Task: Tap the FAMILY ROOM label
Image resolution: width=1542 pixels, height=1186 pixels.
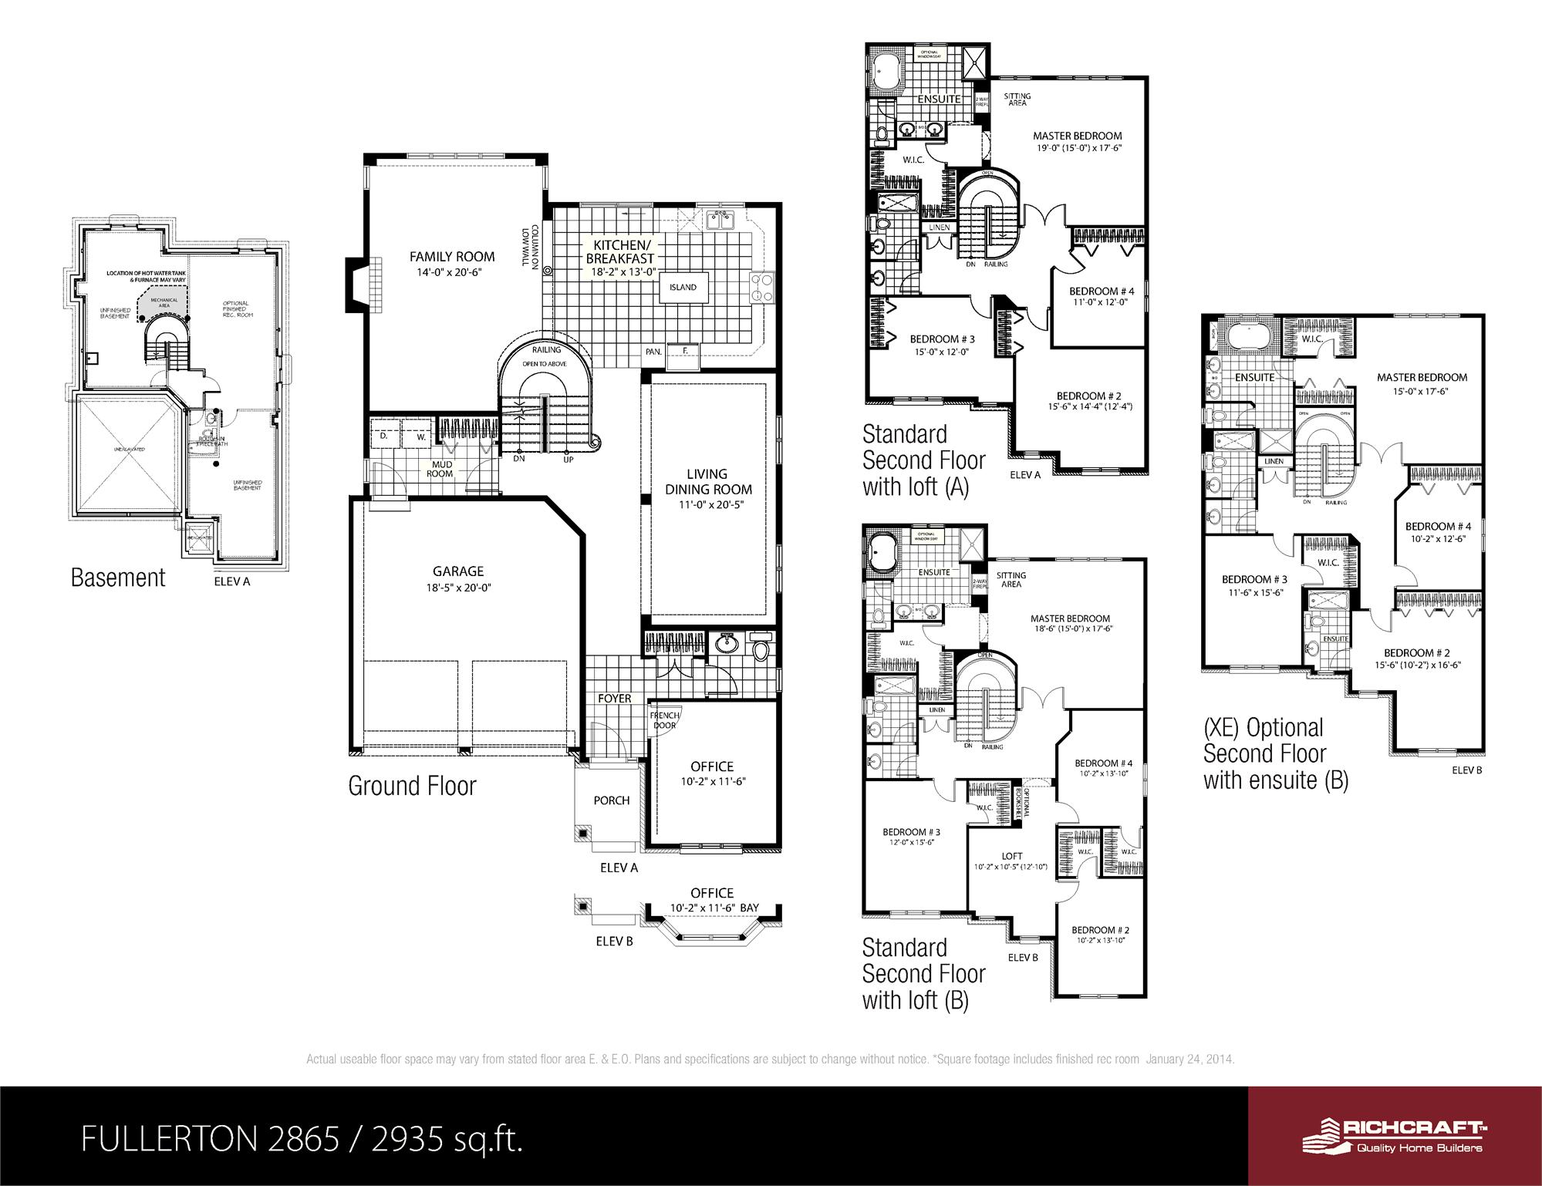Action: (452, 257)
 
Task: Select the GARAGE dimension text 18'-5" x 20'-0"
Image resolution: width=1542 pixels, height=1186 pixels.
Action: (457, 587)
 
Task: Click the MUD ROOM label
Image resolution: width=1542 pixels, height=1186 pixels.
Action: (442, 469)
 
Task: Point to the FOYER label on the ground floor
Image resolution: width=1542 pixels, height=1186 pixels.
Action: (615, 699)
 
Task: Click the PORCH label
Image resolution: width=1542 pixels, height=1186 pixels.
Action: (612, 800)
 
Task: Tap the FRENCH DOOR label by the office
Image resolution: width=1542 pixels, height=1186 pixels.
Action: (664, 720)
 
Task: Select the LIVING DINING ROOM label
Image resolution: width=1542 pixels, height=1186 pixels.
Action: (707, 481)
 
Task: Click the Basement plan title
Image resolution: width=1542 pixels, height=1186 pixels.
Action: (118, 578)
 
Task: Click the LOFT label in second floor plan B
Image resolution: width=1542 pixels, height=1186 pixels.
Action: (1012, 856)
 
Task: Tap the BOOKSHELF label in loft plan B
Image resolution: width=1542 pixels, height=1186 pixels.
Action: (1019, 802)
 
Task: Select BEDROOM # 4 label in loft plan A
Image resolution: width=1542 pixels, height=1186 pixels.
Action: (1102, 291)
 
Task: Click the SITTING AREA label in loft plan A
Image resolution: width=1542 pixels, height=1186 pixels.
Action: (1017, 99)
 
